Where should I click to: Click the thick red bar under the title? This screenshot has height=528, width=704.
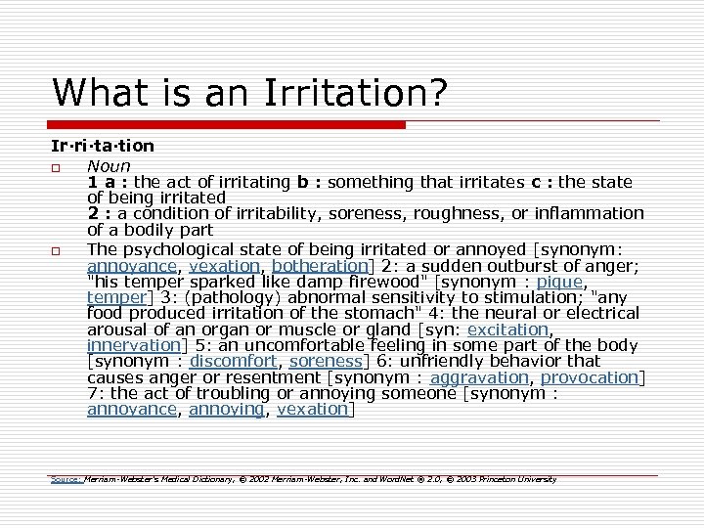click(x=229, y=125)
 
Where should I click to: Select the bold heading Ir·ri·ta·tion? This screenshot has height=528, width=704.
click(x=103, y=146)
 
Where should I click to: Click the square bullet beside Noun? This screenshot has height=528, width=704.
click(x=59, y=167)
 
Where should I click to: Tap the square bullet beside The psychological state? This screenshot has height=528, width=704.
click(x=59, y=251)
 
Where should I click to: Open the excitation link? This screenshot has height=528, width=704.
click(x=507, y=330)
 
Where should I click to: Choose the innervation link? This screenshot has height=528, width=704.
click(x=135, y=345)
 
